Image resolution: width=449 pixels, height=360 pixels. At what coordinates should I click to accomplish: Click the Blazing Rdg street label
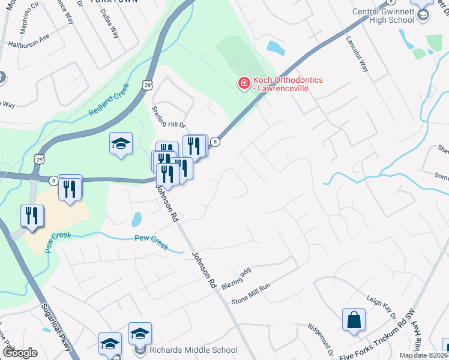(x=235, y=279)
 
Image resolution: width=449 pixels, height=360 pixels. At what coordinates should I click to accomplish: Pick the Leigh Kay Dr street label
(x=382, y=307)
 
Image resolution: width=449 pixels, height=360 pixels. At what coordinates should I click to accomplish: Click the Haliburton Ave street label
(x=28, y=41)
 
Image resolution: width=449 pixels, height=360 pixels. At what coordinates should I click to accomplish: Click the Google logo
(x=20, y=353)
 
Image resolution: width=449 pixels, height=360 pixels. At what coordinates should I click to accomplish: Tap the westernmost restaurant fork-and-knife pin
(x=32, y=216)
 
